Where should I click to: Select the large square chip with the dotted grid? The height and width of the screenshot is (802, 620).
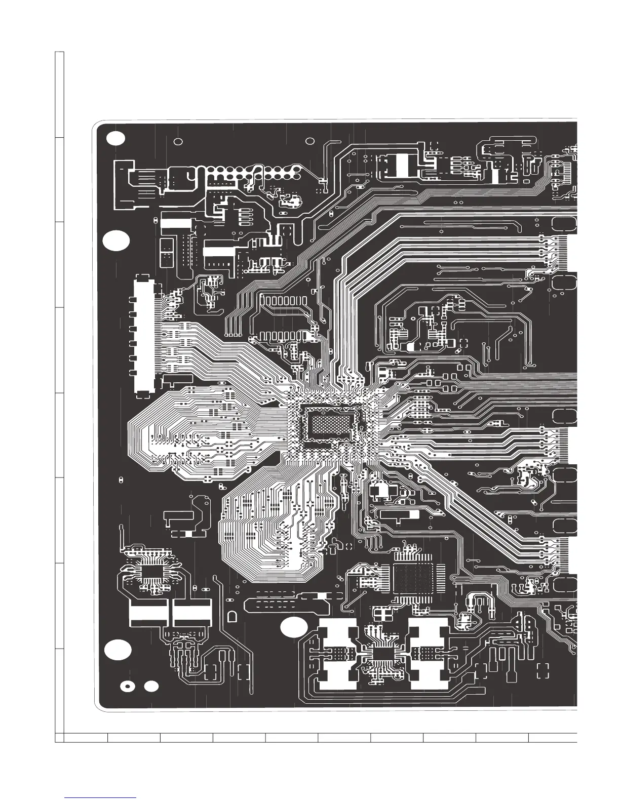(413, 577)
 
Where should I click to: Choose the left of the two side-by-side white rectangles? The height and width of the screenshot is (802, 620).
(148, 613)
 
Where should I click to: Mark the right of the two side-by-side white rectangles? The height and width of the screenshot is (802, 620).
(192, 613)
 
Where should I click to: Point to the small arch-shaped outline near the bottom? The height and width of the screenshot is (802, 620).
(232, 617)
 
